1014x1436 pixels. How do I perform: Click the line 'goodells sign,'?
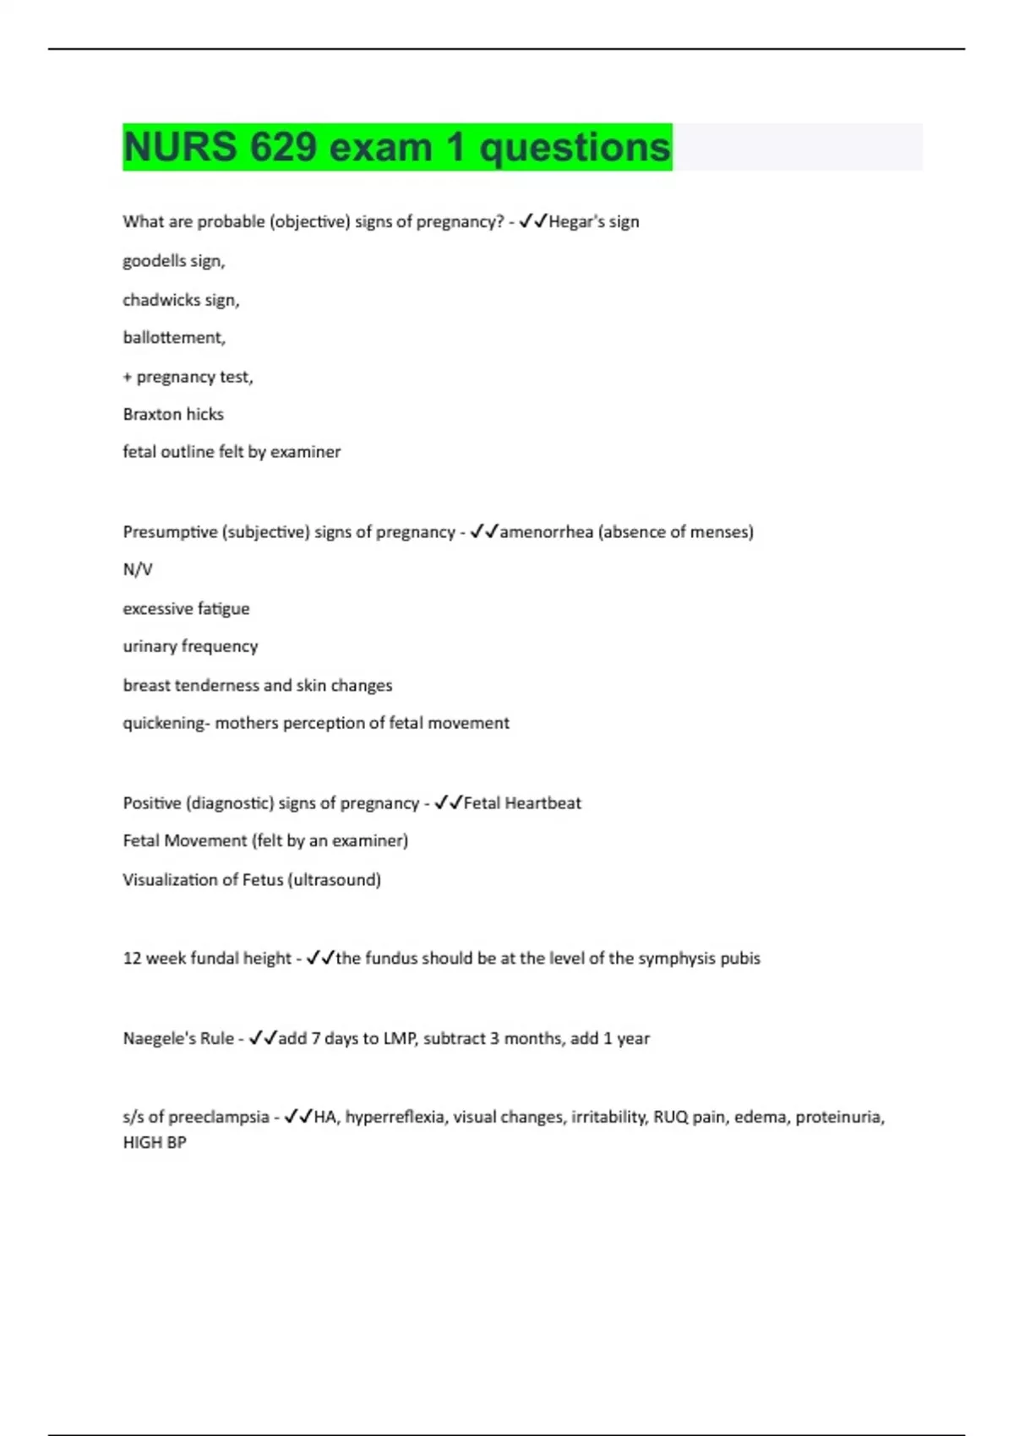click(x=173, y=261)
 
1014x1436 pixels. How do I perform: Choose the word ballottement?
click(x=172, y=338)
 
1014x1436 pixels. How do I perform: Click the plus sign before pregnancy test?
click(x=128, y=377)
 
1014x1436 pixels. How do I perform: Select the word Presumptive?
click(x=170, y=532)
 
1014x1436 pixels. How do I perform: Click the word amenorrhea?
click(x=546, y=532)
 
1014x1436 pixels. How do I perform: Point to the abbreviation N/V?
click(x=137, y=570)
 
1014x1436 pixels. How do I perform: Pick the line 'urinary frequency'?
click(x=190, y=646)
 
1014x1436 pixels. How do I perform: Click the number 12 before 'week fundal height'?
click(x=132, y=959)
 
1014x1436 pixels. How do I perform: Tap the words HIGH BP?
click(x=155, y=1142)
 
